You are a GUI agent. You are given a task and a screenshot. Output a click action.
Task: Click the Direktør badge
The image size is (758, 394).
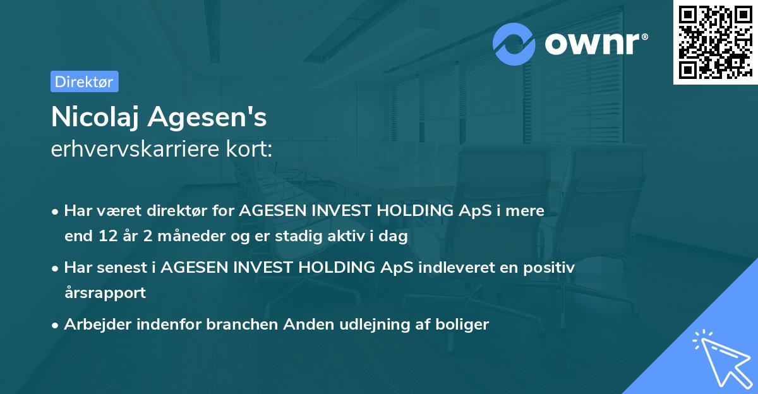(84, 81)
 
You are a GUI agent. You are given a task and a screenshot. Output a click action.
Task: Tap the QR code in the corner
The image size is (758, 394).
(715, 42)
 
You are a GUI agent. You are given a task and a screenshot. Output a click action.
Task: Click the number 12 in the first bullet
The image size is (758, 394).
(103, 237)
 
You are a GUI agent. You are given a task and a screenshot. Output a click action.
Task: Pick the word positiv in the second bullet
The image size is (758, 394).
(549, 268)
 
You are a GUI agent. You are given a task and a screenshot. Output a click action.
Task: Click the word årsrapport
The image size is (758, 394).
(105, 293)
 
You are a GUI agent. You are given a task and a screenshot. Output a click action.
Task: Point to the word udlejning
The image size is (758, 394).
(366, 325)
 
